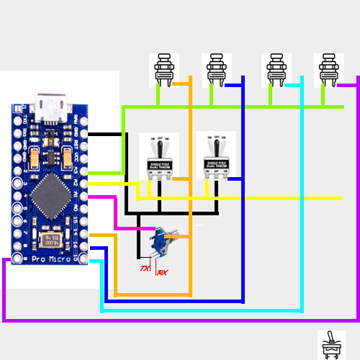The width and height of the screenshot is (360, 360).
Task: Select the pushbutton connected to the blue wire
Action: [218, 70]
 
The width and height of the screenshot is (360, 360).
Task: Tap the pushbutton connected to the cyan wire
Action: [276, 70]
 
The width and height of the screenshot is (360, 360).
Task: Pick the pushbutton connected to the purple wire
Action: [329, 70]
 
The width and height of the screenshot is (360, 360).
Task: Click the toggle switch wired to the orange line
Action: [158, 155]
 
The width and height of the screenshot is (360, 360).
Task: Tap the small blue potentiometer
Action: [159, 240]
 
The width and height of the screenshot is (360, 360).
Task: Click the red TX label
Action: [145, 269]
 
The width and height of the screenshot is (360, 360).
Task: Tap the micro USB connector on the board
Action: [51, 107]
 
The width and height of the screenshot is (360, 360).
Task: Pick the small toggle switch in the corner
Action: [331, 345]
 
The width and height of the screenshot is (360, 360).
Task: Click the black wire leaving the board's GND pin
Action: [104, 135]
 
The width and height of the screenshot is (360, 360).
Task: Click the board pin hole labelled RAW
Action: [84, 123]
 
